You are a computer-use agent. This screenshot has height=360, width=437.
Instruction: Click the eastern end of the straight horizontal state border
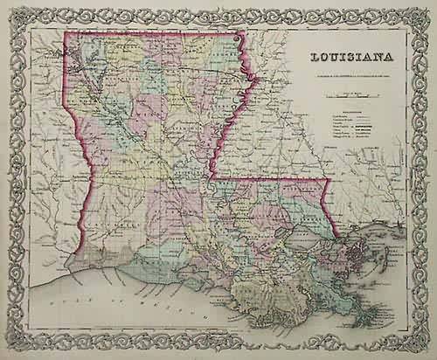click(x=326, y=179)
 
